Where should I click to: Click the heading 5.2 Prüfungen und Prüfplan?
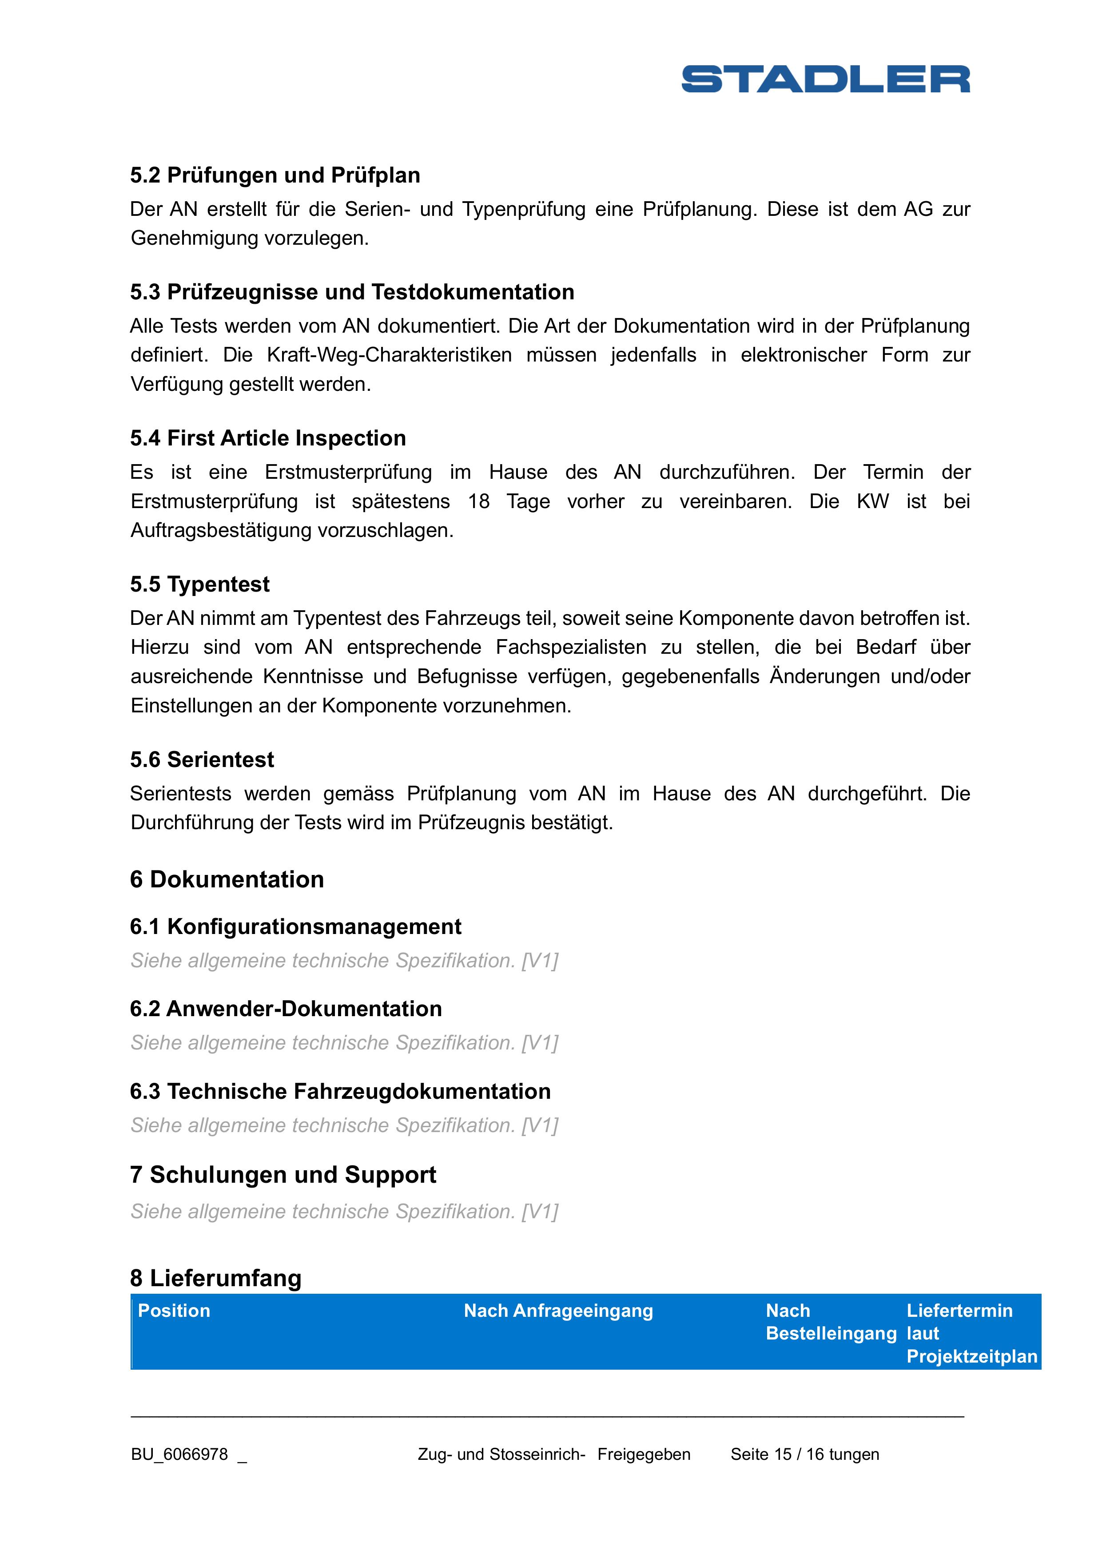(x=275, y=175)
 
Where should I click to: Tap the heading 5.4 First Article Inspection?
(x=268, y=438)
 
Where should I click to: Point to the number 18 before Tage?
(x=478, y=501)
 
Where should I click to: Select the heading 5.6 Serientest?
(x=202, y=759)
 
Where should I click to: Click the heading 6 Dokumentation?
(x=227, y=879)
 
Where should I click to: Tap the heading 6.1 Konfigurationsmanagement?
(x=295, y=926)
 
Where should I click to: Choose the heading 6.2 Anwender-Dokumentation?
(x=286, y=1009)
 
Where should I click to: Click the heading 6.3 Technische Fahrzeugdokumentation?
(x=340, y=1091)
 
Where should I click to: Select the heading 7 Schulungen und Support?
(x=283, y=1175)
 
